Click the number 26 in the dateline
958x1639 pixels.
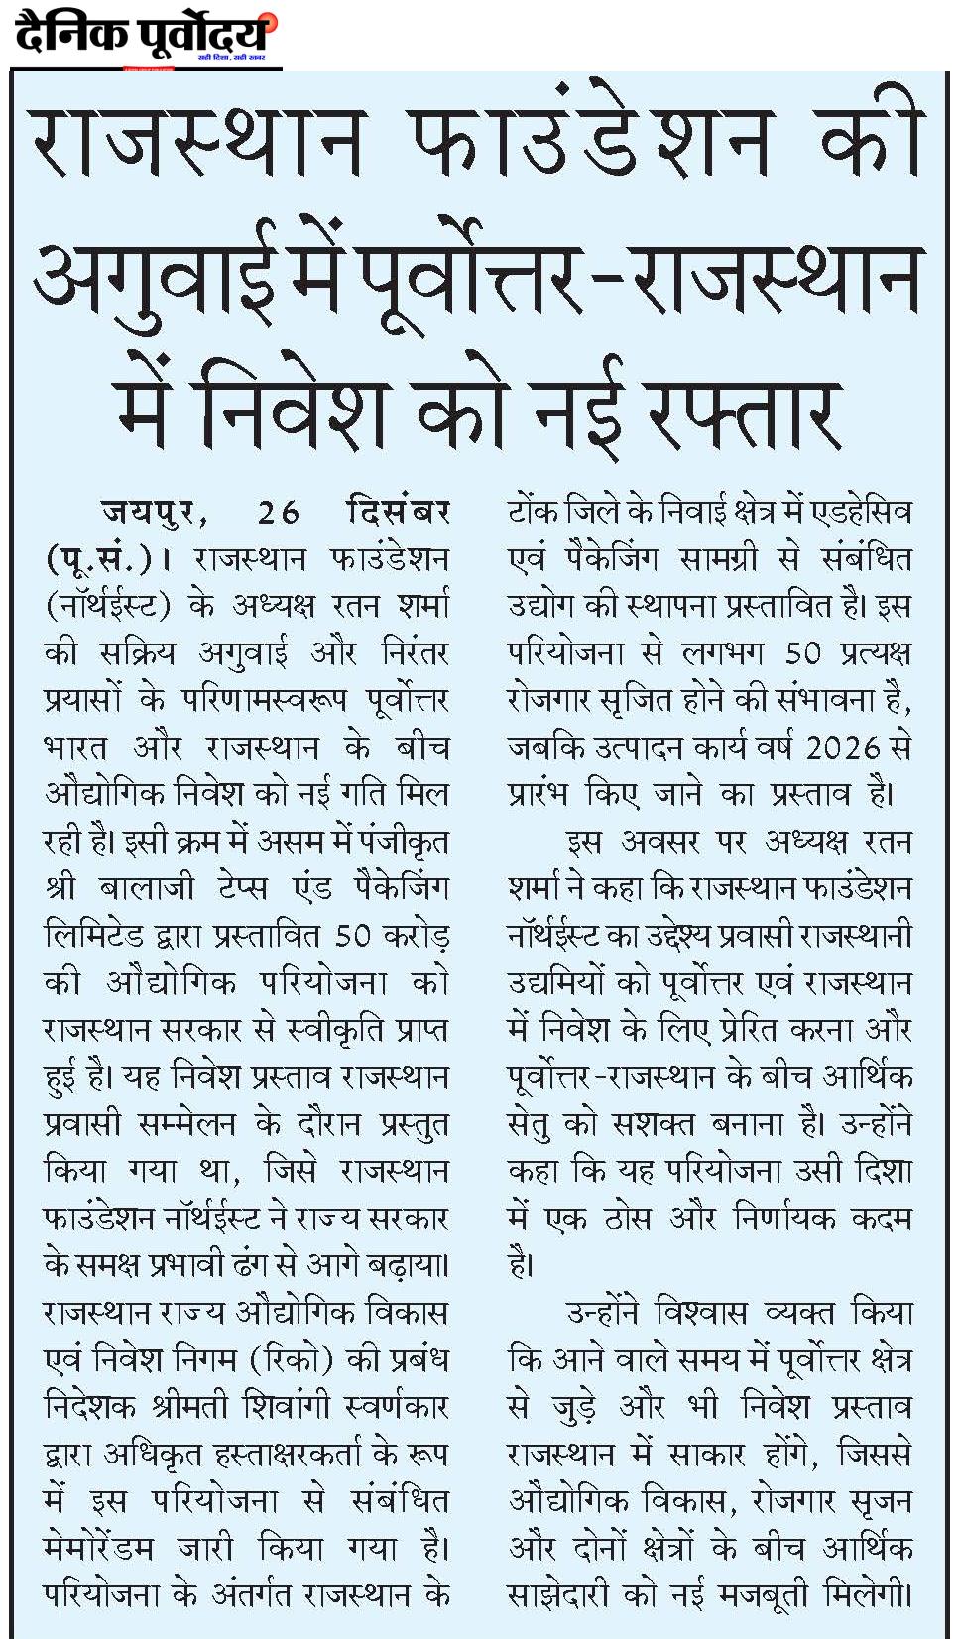pos(278,513)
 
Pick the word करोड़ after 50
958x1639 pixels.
pos(412,935)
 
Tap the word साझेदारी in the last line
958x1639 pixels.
pos(556,1595)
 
